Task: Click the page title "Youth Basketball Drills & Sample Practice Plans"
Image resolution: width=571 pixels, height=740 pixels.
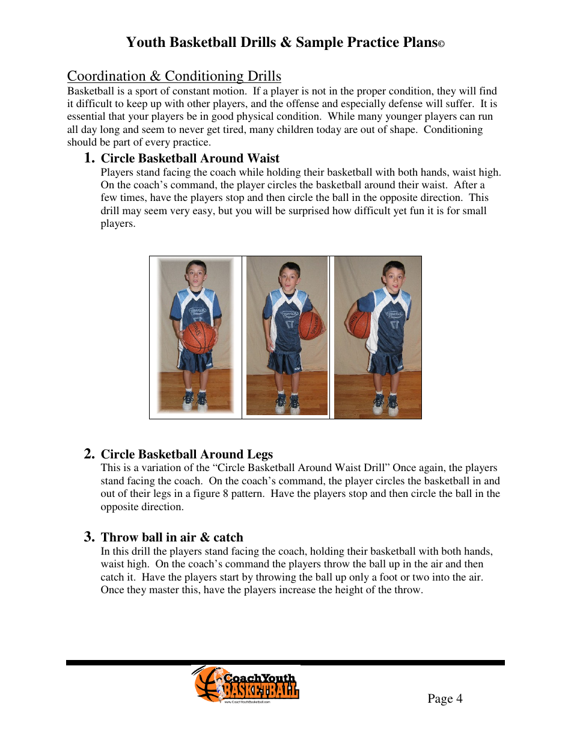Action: tap(281, 43)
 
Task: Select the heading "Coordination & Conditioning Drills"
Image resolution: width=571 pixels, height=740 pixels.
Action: tap(174, 76)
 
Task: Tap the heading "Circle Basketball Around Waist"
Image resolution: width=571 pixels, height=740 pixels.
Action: tap(190, 158)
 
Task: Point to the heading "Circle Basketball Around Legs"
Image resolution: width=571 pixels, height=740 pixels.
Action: tap(186, 454)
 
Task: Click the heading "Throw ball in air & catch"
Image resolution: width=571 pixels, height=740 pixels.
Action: tap(172, 537)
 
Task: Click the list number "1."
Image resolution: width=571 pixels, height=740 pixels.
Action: tap(89, 158)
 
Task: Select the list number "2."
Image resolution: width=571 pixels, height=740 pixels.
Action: tap(89, 454)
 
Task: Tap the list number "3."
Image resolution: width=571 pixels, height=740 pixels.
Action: tap(89, 537)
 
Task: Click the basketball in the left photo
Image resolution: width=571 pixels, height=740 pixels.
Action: tap(199, 338)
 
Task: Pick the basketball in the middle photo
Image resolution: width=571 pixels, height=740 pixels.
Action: tap(311, 325)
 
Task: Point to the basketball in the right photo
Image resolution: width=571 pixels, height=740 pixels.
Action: tap(360, 324)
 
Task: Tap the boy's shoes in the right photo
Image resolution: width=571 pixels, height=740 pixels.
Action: tap(385, 405)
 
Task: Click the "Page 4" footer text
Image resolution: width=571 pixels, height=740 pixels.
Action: tap(445, 698)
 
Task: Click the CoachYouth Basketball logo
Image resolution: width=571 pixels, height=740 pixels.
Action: tap(246, 685)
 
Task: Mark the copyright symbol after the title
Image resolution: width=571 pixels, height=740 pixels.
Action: tap(441, 45)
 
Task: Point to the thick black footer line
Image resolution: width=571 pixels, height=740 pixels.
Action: tap(285, 662)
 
